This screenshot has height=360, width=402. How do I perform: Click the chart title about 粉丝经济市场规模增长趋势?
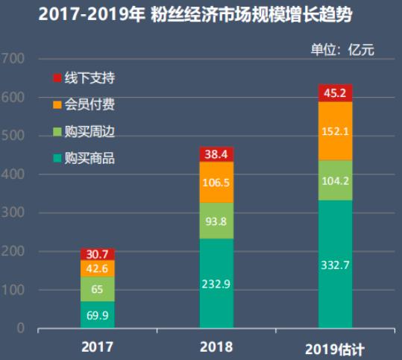point(201,15)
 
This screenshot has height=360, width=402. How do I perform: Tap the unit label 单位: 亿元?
point(342,50)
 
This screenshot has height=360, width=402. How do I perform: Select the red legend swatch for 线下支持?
point(57,78)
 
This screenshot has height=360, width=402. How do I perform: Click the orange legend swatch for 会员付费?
point(57,104)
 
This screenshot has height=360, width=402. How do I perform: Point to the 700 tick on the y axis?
point(13,59)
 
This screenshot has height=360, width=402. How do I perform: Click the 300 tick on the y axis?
point(13,213)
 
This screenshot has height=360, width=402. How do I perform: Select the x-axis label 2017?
point(97,347)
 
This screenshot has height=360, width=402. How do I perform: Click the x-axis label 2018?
point(216,347)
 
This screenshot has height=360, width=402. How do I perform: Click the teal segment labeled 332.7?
point(335,264)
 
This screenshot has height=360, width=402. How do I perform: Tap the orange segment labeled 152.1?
point(335,131)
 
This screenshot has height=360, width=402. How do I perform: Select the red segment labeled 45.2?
point(335,93)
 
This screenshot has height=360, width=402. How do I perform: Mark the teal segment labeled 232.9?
point(216,283)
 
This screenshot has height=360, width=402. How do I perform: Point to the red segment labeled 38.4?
point(216,154)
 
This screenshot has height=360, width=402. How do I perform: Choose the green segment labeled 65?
point(97,288)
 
